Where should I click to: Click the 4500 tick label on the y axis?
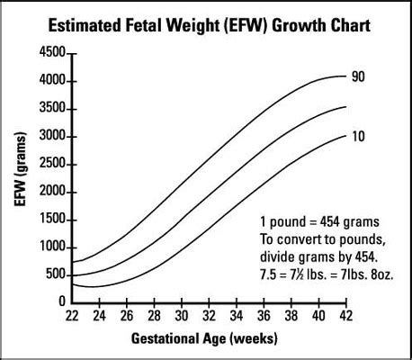pos(52,52)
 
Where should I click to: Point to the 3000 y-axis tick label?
pos(52,136)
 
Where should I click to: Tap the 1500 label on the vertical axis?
pos(52,219)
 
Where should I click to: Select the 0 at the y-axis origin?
pos(62,301)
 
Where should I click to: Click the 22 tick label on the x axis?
pos(72,315)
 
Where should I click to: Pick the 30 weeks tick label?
pos(182,315)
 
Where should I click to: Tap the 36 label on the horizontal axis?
pos(264,315)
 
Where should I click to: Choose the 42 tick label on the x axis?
pos(346,315)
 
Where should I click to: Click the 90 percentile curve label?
pos(358,76)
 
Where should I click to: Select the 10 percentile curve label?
pos(358,137)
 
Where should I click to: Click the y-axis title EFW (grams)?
pos(21,169)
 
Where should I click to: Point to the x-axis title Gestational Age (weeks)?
pos(204,338)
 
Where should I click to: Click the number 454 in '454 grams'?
pos(330,222)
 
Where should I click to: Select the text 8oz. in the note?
pos(381,274)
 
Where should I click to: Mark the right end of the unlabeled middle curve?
pos(346,106)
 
